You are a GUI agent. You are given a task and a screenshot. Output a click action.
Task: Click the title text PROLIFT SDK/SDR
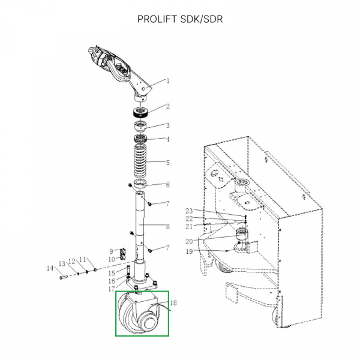(179, 19)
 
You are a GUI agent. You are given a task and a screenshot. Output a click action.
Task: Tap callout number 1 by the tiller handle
(168, 80)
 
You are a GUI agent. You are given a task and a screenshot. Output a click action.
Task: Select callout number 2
(168, 106)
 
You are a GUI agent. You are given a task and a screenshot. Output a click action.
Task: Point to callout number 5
(168, 162)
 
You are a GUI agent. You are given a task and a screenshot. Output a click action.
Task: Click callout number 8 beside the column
(168, 226)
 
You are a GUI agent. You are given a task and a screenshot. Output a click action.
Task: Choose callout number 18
(174, 302)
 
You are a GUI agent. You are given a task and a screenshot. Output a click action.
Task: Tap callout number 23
(189, 211)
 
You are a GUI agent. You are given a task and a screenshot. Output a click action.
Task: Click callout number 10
(111, 259)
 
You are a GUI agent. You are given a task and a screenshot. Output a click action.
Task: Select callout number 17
(111, 289)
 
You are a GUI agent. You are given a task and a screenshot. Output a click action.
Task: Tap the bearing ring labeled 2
(142, 112)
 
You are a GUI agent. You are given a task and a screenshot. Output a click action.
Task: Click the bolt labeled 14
(62, 277)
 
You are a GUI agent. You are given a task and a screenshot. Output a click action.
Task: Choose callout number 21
(189, 226)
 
